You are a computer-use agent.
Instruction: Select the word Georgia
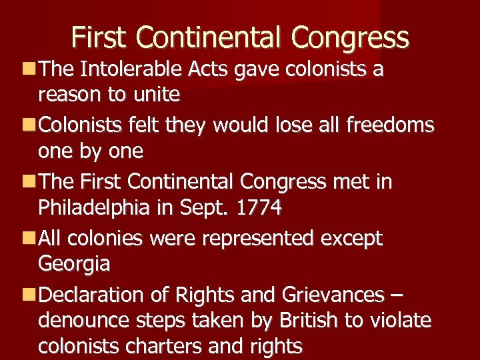[74, 264]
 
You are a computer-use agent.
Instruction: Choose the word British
[306, 320]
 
